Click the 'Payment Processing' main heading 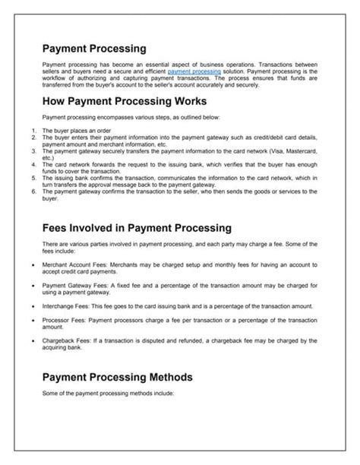coord(94,49)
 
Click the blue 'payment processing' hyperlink coord(194,70)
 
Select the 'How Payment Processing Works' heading coord(125,100)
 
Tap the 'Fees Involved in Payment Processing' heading coord(136,227)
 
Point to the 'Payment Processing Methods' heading coord(118,377)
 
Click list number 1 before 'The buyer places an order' coord(33,131)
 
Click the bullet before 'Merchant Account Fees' coord(28,265)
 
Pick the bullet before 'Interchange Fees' coord(28,305)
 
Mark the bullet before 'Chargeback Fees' coord(28,340)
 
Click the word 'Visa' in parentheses coord(271,150)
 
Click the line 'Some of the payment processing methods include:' coord(109,394)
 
